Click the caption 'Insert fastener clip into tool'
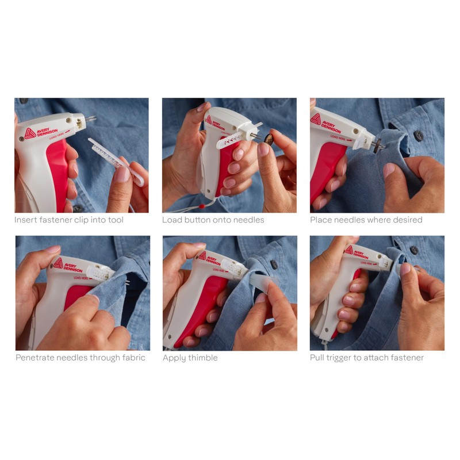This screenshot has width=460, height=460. tap(69, 220)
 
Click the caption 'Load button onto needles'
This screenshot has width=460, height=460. tap(213, 220)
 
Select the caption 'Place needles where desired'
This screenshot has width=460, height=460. tap(366, 220)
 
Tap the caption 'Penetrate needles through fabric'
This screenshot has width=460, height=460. tap(80, 358)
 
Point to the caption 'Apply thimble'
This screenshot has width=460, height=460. tap(190, 358)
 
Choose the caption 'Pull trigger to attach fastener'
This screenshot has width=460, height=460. tap(367, 358)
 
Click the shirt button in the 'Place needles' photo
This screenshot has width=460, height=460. tap(419, 136)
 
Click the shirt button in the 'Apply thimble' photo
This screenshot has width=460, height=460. tap(274, 265)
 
